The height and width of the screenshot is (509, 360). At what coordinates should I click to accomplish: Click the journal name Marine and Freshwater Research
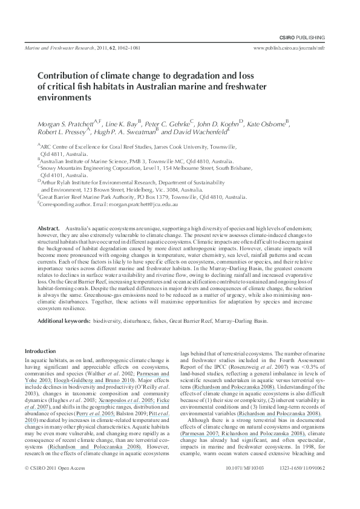[58, 47]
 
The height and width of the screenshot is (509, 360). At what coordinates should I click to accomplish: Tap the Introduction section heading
[39, 351]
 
